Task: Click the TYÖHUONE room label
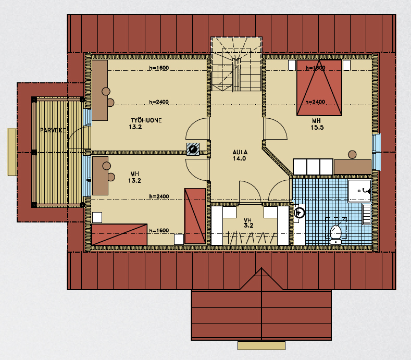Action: coord(146,120)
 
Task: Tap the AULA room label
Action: coord(240,152)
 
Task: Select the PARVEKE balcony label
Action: coord(53,130)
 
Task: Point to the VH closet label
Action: coord(248,220)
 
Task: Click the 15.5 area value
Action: coord(317,128)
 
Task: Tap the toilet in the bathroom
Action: coord(335,234)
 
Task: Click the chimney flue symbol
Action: coord(193,150)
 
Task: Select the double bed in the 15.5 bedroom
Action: coord(319,88)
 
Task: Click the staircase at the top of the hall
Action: coord(236,64)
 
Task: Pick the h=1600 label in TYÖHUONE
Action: coord(159,68)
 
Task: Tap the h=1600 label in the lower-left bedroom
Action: coord(159,230)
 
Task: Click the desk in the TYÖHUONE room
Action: coord(99,91)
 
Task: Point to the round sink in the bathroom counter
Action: coord(299,213)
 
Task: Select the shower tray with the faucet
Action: coord(359,191)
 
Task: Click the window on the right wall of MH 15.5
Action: coord(377,152)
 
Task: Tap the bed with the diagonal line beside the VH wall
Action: coord(195,216)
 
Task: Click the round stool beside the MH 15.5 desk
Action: coord(352,155)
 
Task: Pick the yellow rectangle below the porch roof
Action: coord(261,345)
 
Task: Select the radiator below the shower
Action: coord(366,214)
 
